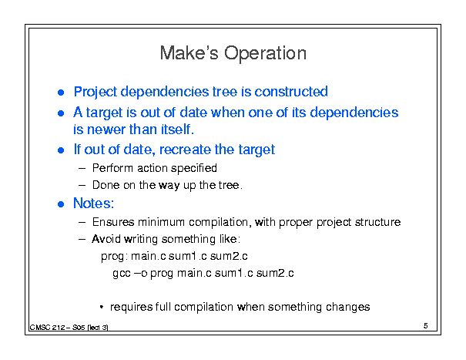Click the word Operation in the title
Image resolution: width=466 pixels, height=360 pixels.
(265, 53)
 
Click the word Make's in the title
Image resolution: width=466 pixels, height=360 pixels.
(189, 53)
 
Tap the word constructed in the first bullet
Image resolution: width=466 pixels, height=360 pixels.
(291, 92)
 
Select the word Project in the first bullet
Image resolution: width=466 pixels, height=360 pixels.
(96, 93)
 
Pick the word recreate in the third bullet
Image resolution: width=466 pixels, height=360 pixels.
(185, 150)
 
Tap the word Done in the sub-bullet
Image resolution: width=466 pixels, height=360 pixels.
(106, 185)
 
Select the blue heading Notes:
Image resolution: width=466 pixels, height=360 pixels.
(94, 204)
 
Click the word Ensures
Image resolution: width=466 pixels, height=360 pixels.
(113, 222)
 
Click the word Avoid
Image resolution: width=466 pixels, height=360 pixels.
(106, 239)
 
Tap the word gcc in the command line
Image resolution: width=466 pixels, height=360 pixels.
(122, 274)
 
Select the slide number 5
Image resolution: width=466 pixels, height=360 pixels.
(426, 326)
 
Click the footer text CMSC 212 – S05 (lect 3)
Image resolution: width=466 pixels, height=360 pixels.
(69, 328)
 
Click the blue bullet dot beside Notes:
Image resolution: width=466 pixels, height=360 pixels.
(61, 204)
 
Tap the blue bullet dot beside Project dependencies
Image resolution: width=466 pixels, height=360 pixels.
(61, 93)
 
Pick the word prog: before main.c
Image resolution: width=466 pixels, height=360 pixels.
(115, 257)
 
